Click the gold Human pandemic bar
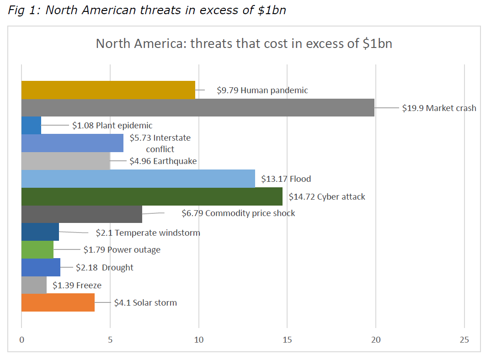[108, 90]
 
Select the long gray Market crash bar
[198, 108]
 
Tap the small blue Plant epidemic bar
[31, 125]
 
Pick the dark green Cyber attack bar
[152, 196]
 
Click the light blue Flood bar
[138, 179]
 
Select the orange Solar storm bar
[58, 302]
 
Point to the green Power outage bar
[37, 249]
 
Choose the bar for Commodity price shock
[82, 214]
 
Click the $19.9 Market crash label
[439, 108]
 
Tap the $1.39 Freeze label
[77, 286]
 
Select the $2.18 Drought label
[105, 267]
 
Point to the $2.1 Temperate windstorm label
[148, 233]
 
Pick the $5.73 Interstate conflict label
[160, 143]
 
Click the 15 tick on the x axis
[287, 340]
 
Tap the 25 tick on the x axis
[464, 340]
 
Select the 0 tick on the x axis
[21, 340]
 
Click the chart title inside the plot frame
[244, 44]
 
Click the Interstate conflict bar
[72, 143]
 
